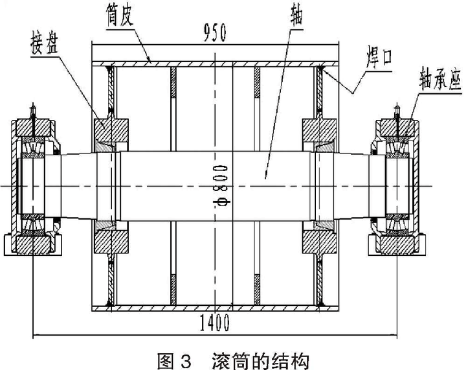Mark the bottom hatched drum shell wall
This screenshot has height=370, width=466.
[214, 306]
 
